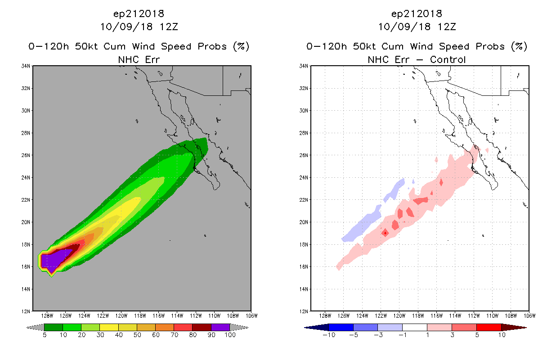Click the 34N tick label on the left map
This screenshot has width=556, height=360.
[x=26, y=66]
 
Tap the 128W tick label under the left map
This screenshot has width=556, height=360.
[x=47, y=316]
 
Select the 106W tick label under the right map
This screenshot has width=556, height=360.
[x=529, y=316]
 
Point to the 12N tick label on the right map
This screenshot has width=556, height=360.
[x=304, y=311]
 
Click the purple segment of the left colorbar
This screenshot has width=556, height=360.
[x=220, y=328]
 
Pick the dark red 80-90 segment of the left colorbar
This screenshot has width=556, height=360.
[x=202, y=328]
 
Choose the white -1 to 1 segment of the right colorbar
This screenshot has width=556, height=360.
[x=415, y=328]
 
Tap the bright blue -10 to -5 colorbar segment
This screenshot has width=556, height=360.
[x=341, y=328]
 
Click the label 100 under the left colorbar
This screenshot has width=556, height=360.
[x=230, y=335]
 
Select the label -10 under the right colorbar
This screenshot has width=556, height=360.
[x=329, y=335]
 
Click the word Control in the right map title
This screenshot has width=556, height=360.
[x=448, y=59]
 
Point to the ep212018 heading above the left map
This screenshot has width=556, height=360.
[x=139, y=14]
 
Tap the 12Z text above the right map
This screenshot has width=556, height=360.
[x=447, y=27]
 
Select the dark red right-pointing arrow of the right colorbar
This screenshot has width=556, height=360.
[x=514, y=328]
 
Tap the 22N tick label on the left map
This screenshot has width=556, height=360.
[x=26, y=200]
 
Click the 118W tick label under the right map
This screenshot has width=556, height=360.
[x=418, y=316]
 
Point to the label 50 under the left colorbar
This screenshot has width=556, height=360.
[x=137, y=335]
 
